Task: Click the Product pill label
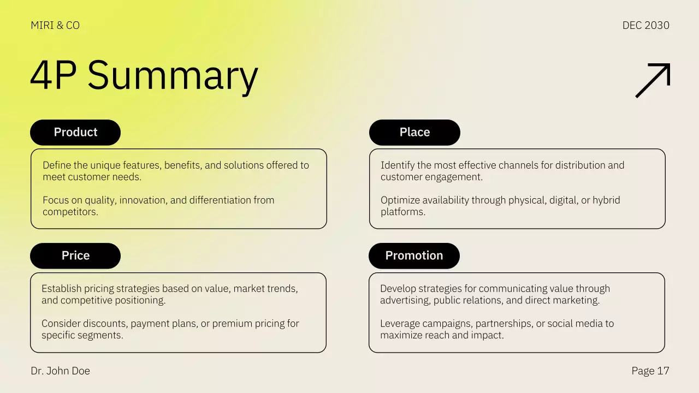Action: (75, 132)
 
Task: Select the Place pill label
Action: (414, 132)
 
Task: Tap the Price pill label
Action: (75, 255)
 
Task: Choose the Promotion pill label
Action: (414, 255)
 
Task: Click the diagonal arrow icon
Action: (653, 80)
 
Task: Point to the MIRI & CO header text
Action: (55, 26)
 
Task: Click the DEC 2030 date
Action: (645, 26)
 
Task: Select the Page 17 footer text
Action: (650, 371)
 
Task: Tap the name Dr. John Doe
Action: (61, 371)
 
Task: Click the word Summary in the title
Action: (173, 75)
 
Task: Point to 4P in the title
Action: (53, 75)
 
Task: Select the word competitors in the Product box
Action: (70, 212)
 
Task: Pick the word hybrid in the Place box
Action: (607, 200)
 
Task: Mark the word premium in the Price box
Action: (232, 324)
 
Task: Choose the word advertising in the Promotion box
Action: (405, 300)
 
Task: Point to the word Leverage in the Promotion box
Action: (399, 324)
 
